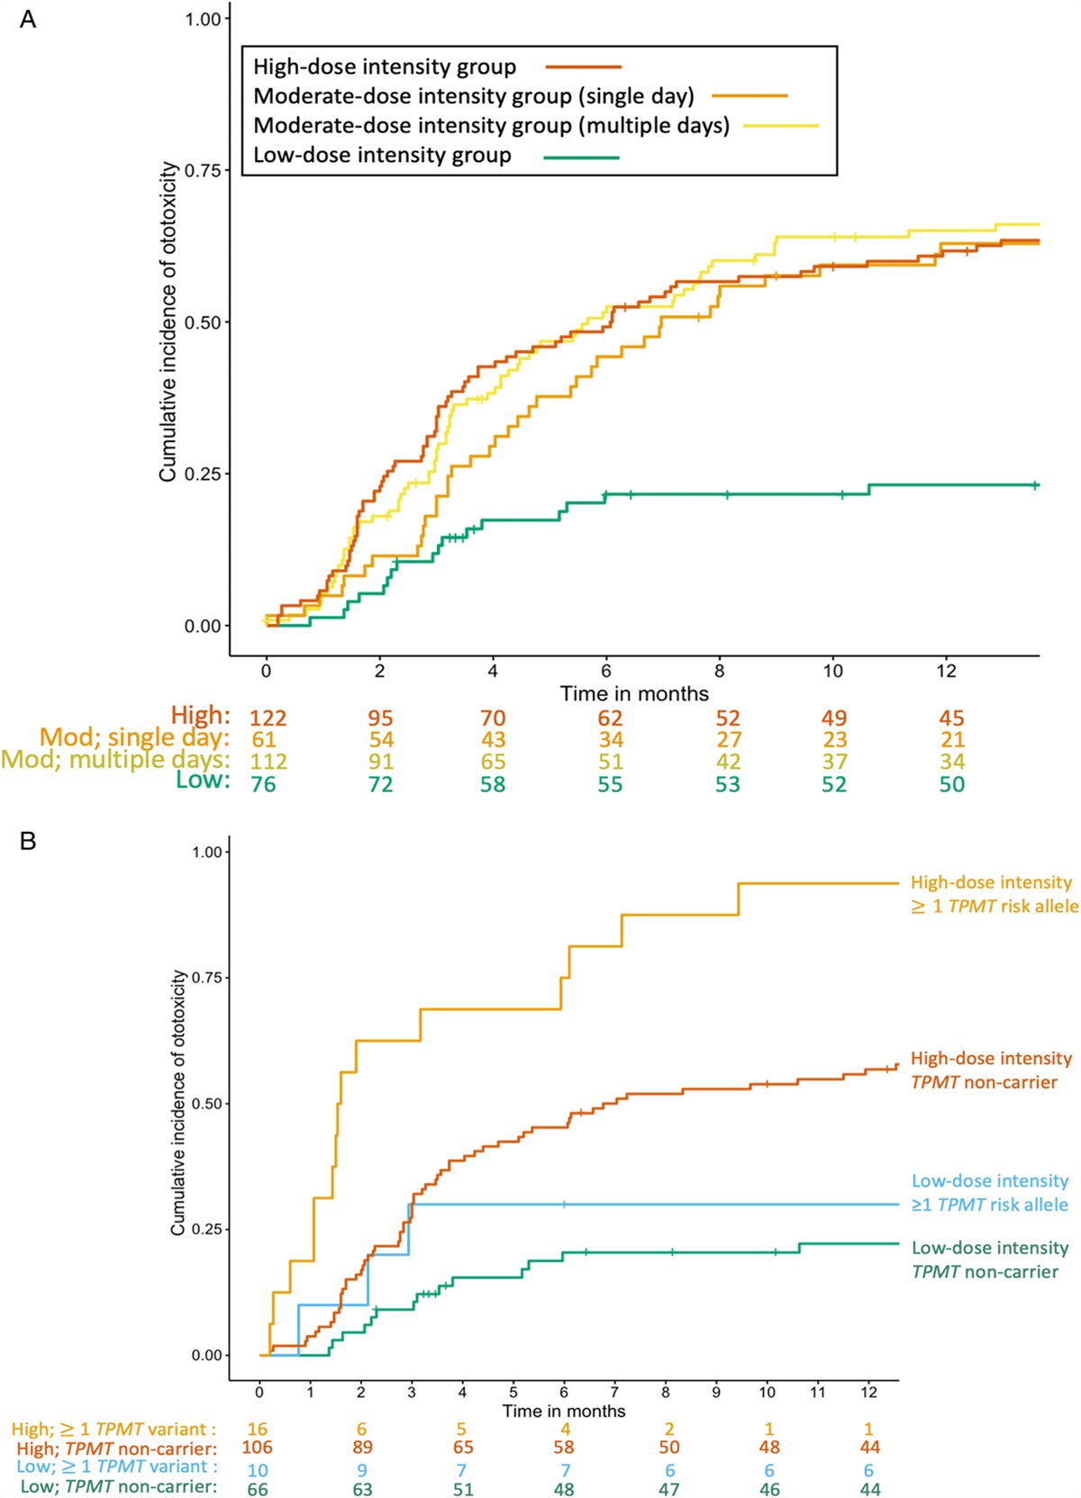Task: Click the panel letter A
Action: click(28, 20)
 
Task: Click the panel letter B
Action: click(28, 842)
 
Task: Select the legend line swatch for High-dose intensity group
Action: click(583, 68)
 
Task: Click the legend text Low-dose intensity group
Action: click(382, 155)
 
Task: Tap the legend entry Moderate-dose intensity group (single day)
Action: click(474, 96)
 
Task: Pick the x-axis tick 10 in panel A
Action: click(832, 671)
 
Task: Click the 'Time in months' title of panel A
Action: click(634, 693)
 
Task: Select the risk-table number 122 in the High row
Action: click(268, 718)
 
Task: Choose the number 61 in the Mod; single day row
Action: click(263, 740)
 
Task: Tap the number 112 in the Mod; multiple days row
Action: click(268, 763)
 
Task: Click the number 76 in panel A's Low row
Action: click(263, 785)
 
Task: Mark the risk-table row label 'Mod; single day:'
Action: click(134, 737)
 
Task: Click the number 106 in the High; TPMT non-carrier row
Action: click(257, 1448)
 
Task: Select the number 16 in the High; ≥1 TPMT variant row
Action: click(257, 1429)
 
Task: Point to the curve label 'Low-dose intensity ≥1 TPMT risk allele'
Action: click(990, 1192)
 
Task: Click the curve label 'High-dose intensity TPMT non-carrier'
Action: click(991, 1069)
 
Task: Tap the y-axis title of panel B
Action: click(178, 1103)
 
